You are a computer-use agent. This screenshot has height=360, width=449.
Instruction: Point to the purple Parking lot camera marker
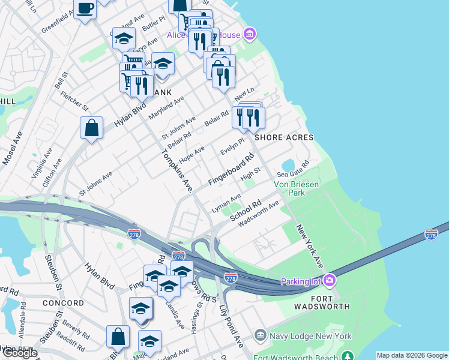coord(329,280)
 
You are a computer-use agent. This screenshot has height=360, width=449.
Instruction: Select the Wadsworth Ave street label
coord(259,214)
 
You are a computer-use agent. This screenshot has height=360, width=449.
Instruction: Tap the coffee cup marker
coord(85,9)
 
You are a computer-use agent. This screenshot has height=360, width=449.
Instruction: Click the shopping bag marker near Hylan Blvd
coord(91,128)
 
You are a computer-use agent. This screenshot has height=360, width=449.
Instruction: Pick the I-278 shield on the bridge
coord(431,235)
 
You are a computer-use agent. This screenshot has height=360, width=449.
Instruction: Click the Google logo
coord(20,353)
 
